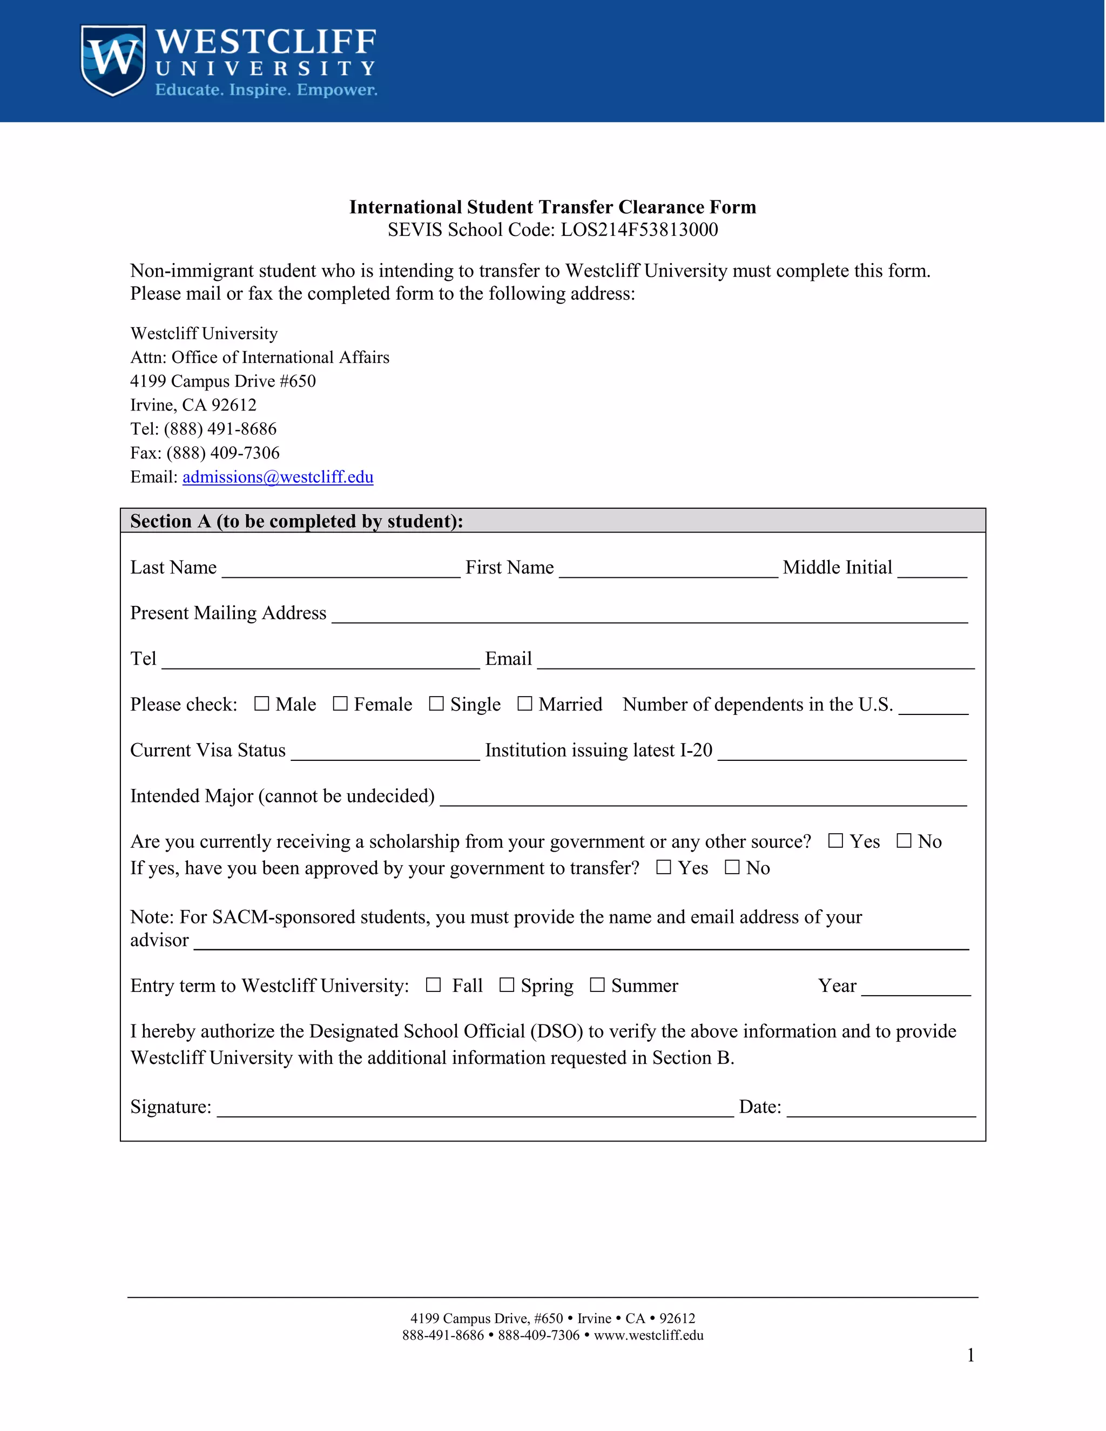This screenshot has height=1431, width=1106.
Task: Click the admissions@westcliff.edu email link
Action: coord(278,477)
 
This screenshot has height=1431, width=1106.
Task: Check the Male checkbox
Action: coord(261,704)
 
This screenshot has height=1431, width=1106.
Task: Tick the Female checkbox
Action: coord(340,704)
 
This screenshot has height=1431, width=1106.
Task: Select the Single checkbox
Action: coord(436,704)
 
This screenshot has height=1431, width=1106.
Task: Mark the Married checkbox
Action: coord(524,704)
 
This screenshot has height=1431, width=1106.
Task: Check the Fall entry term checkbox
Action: coord(433,985)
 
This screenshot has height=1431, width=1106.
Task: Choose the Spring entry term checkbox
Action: coord(507,985)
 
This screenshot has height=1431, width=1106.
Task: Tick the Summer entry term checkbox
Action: coord(597,985)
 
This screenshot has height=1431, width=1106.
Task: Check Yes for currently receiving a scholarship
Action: coord(835,841)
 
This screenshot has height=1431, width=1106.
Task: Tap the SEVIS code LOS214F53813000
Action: coord(639,230)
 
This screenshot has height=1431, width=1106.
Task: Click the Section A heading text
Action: coord(296,521)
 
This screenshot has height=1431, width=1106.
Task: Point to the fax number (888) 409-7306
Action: coord(223,453)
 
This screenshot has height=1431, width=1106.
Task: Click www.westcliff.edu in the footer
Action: coord(648,1335)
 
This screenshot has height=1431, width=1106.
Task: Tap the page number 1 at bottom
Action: coord(970,1355)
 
